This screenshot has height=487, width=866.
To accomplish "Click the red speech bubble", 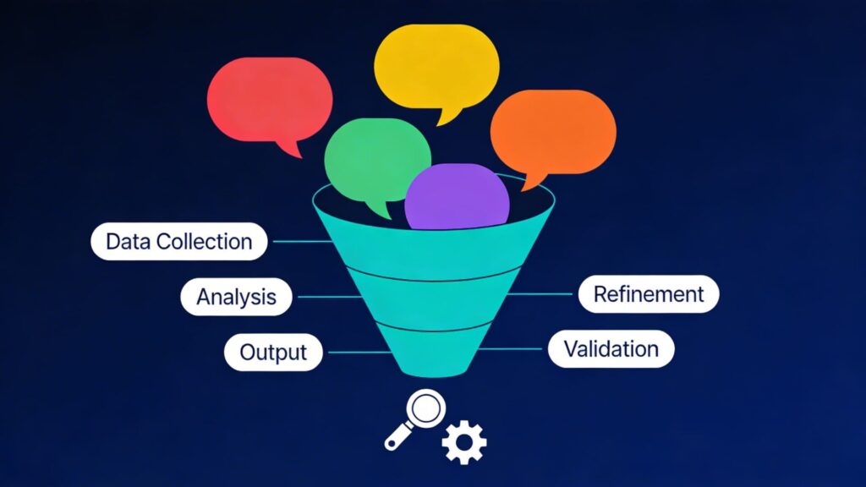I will [x=268, y=100].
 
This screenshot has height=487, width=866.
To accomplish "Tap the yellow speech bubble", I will [x=436, y=66].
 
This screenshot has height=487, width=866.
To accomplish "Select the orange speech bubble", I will [x=552, y=131].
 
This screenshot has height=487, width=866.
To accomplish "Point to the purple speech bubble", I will [x=457, y=200].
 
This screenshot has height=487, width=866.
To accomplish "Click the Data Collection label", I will [x=178, y=242].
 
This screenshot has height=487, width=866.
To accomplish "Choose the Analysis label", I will [x=236, y=297].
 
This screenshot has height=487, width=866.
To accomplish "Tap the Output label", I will [x=272, y=352].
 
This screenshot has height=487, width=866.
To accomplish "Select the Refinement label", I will [x=649, y=294].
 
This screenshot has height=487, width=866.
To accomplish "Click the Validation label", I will [x=611, y=348].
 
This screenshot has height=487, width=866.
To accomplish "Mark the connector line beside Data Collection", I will [x=300, y=242].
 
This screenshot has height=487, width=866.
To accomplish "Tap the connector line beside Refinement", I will [x=542, y=294].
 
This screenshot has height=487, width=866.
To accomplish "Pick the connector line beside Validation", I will [x=513, y=348].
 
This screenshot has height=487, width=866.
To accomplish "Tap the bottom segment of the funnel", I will [x=434, y=353].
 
